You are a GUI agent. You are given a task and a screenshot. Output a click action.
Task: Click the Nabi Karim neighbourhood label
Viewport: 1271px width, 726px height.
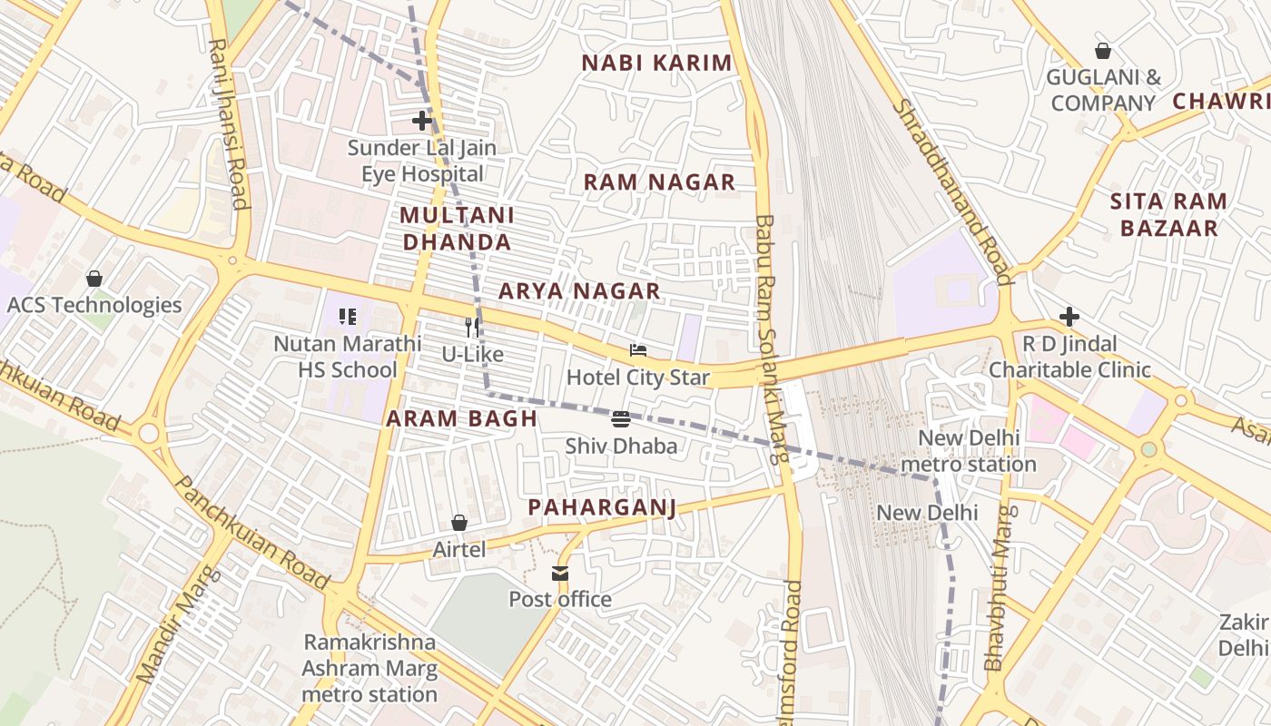pos(656,63)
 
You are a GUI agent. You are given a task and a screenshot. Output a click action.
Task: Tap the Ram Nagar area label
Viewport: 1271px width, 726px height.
pos(659,181)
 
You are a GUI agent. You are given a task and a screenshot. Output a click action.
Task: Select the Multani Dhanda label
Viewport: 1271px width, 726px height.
pos(457,229)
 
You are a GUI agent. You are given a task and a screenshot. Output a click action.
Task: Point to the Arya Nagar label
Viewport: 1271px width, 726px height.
pos(579,290)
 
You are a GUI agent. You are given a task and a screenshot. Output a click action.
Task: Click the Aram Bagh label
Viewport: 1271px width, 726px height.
pos(461,418)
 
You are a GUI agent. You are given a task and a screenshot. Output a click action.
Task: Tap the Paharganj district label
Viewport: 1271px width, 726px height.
pos(602,506)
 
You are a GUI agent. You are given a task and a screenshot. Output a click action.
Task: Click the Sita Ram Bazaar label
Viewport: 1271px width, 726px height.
pos(1168,214)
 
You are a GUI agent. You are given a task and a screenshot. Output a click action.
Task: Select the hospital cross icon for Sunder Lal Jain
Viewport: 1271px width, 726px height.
pos(421,120)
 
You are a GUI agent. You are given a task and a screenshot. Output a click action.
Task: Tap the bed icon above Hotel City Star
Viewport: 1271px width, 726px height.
pos(638,350)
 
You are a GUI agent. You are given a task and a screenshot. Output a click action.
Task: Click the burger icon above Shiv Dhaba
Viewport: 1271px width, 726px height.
pos(621,418)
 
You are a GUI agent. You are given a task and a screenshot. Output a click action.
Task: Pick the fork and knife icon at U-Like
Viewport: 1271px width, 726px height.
pos(472,327)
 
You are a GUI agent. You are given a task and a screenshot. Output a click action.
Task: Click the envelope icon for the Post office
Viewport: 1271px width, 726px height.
pos(559,573)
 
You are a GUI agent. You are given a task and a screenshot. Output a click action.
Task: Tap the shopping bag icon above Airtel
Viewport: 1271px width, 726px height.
pos(459,523)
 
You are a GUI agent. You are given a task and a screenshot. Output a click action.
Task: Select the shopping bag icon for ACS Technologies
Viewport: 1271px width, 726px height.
pos(94,278)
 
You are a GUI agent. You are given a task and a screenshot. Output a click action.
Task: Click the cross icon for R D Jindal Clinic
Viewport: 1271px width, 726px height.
pos(1069,317)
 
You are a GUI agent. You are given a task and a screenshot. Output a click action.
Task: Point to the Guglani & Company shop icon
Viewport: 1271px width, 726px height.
pos(1103,51)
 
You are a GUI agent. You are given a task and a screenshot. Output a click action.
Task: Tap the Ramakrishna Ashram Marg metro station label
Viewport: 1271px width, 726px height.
pos(370,668)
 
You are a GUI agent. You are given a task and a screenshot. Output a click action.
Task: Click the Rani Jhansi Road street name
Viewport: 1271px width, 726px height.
pos(229,123)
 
